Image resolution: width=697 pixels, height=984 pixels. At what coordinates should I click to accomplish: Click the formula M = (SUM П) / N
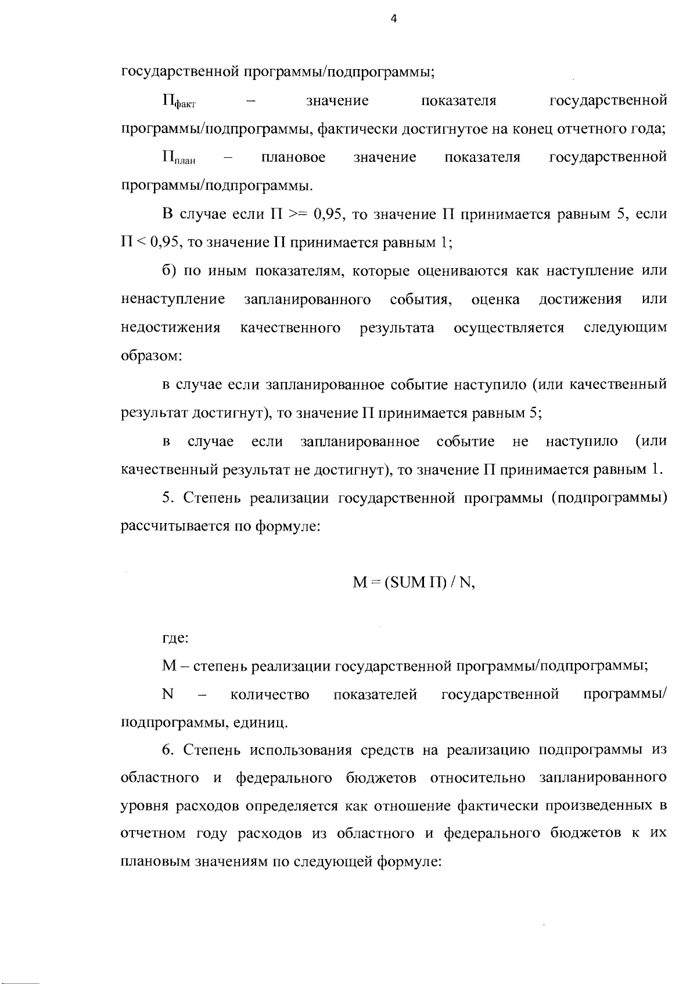[414, 583]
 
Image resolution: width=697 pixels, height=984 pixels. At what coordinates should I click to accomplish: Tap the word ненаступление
[173, 300]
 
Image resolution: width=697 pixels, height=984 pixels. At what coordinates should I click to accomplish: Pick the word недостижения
[171, 328]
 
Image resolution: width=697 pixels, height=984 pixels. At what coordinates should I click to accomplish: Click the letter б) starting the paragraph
[168, 271]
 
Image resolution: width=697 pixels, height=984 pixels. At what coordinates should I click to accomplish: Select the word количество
[270, 694]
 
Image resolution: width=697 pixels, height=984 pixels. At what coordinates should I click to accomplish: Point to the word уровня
[141, 807]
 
